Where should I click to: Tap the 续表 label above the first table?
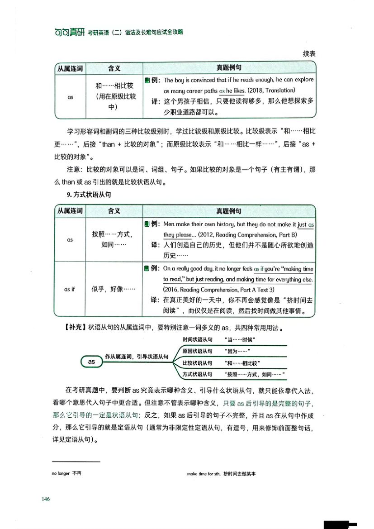[309, 54]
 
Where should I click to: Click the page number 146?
[45, 499]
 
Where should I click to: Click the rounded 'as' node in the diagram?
[91, 361]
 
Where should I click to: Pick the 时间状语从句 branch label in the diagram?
[198, 339]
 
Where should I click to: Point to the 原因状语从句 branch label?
[198, 351]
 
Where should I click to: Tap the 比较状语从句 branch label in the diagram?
[198, 363]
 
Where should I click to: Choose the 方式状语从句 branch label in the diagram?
[198, 374]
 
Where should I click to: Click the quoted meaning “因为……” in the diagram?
[237, 351]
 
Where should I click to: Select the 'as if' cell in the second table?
[70, 289]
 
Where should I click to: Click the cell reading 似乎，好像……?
[114, 289]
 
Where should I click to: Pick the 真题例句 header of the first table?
[229, 68]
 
